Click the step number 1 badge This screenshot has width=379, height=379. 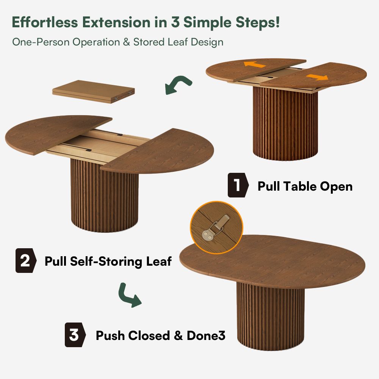point(238,186)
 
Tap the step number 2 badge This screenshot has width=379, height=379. point(25,261)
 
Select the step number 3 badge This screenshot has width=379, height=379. point(74,335)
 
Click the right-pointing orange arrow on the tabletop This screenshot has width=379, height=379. point(317,77)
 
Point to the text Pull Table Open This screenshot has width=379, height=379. point(305,186)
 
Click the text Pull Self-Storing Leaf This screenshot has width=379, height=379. point(108,261)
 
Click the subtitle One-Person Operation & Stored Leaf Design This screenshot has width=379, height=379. point(117,42)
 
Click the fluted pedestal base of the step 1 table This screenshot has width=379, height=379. point(285,125)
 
